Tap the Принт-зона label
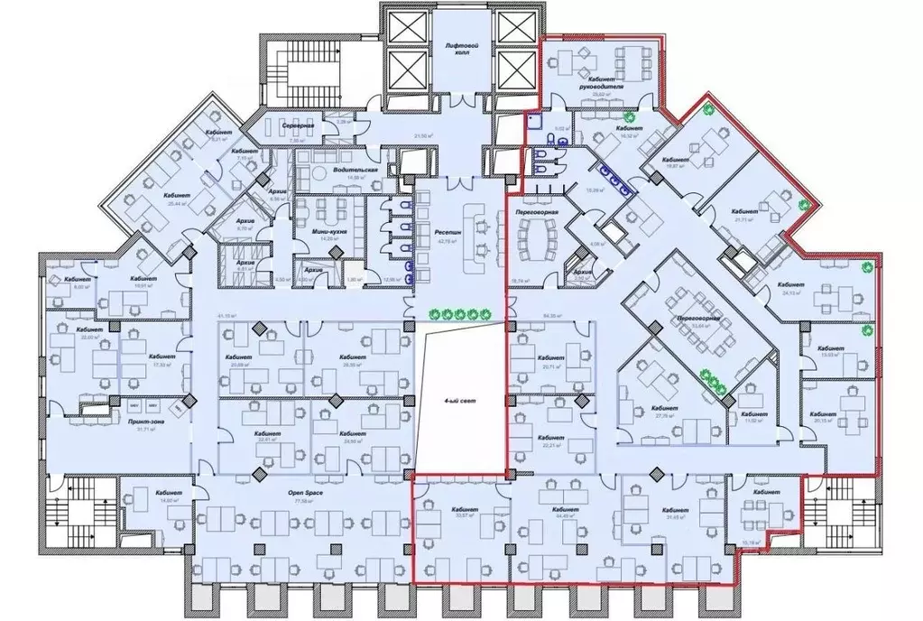pos(140,423)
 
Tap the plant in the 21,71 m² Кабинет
pos(798,203)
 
